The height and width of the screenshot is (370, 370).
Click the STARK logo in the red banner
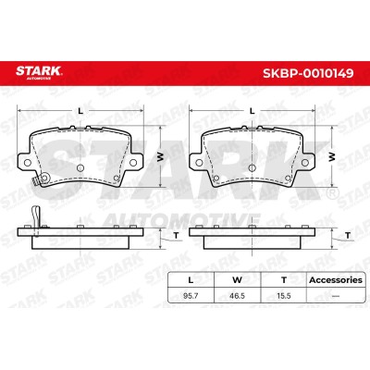(x=39, y=72)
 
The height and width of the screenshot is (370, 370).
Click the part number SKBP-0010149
(x=308, y=73)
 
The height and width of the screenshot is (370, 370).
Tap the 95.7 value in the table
(x=191, y=296)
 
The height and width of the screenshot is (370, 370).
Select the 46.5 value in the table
(x=237, y=296)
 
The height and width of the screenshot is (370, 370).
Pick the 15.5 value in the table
(x=284, y=296)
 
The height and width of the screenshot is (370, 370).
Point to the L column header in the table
(x=191, y=280)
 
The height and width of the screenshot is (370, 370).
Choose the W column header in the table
(x=237, y=280)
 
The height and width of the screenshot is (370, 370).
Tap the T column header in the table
(x=284, y=280)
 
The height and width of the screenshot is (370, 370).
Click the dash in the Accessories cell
(x=336, y=296)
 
